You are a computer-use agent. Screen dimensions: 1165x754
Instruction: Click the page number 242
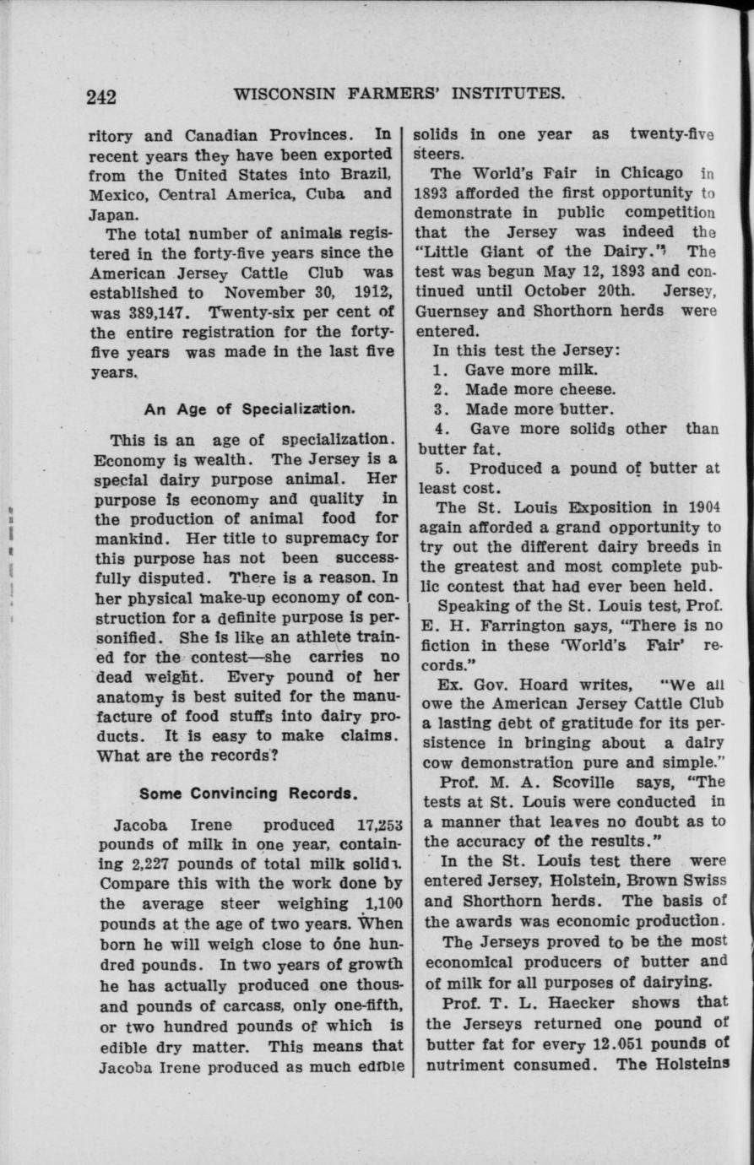pyautogui.click(x=101, y=96)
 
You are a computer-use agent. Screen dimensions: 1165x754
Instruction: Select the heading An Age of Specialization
pyautogui.click(x=248, y=409)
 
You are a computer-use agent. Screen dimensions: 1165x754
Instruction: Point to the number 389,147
pyautogui.click(x=121, y=312)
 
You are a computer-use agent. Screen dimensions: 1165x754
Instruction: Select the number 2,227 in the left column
pyautogui.click(x=148, y=864)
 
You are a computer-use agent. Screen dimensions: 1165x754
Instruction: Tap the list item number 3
pyautogui.click(x=438, y=409)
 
